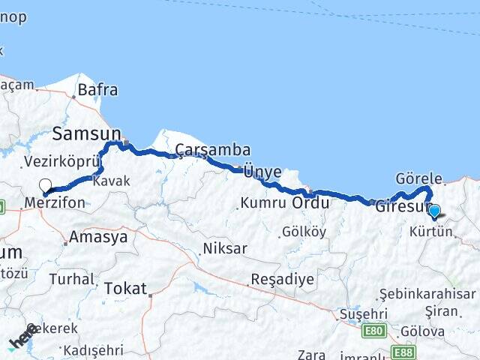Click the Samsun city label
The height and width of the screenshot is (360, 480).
(x=86, y=134)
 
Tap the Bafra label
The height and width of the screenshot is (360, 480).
(x=98, y=90)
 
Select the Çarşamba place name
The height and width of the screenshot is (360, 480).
(x=213, y=151)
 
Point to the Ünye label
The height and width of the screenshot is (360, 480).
(x=262, y=172)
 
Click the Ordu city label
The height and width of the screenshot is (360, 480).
(x=310, y=203)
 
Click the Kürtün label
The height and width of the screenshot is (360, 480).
(x=431, y=232)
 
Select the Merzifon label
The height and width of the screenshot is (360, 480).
(x=55, y=203)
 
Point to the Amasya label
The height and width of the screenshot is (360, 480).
(x=97, y=238)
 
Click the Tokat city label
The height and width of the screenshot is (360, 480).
(x=125, y=287)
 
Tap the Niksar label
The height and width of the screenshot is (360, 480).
(x=225, y=248)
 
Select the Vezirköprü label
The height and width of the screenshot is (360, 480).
(x=61, y=161)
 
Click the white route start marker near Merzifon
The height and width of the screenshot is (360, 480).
(x=45, y=185)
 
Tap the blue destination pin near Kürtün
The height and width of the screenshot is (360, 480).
(x=433, y=211)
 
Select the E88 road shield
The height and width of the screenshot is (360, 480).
(x=403, y=351)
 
